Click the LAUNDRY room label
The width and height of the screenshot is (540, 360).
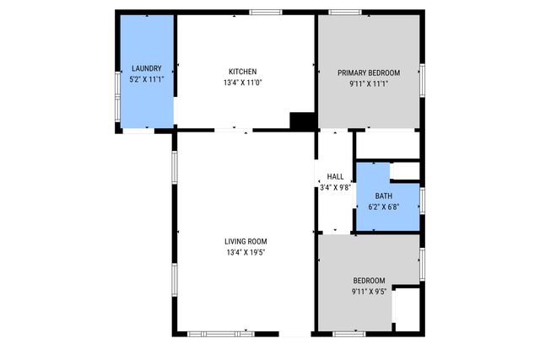[146, 68]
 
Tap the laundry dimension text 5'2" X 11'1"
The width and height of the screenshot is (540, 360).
[146, 79]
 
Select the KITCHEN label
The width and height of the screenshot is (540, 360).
[242, 72]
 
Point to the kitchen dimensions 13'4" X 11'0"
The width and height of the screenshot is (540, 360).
[242, 83]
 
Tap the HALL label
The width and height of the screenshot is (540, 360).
[335, 176]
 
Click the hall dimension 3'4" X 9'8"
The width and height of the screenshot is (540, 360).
[335, 187]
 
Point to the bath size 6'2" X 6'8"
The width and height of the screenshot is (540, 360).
[384, 207]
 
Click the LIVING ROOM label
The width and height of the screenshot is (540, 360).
[246, 241]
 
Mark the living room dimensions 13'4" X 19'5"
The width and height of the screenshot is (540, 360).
[246, 253]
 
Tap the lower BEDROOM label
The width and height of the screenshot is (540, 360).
[369, 281]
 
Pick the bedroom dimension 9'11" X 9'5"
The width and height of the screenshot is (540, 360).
[369, 293]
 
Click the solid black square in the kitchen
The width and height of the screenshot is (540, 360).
[301, 121]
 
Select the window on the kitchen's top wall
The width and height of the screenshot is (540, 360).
[265, 12]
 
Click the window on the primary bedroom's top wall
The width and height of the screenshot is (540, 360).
[344, 12]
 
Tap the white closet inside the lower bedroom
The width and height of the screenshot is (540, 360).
[406, 309]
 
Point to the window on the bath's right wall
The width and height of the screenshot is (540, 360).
[422, 200]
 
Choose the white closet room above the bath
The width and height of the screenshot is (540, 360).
[386, 144]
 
